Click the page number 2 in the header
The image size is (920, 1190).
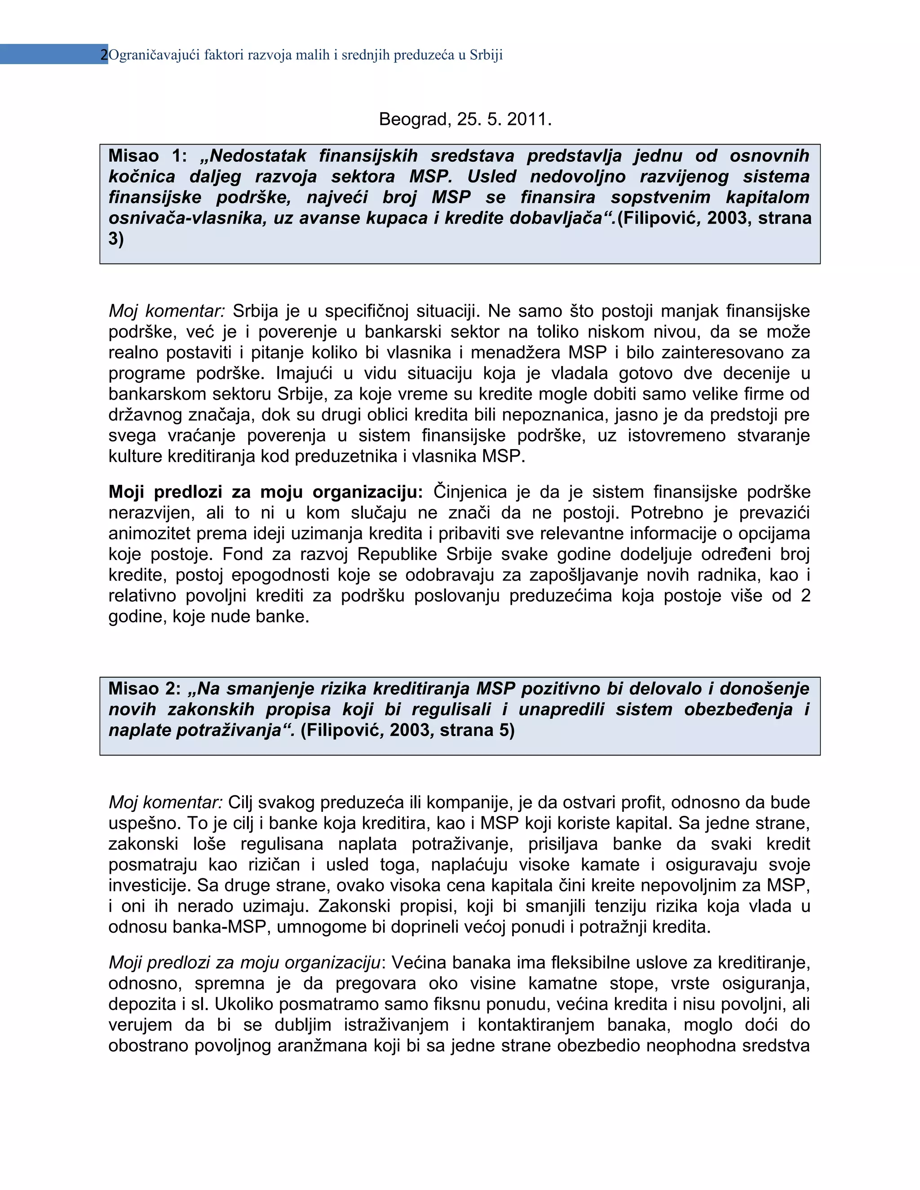pos(104,55)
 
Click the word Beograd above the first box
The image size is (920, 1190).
pos(413,119)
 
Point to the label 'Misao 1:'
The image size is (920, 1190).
pos(147,156)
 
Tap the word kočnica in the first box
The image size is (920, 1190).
pos(142,176)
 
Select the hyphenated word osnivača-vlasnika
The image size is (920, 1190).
pos(187,218)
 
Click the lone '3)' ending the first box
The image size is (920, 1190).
pos(116,238)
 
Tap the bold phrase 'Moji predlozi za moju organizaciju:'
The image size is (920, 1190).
pos(265,492)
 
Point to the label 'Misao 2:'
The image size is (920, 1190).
pos(144,689)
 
